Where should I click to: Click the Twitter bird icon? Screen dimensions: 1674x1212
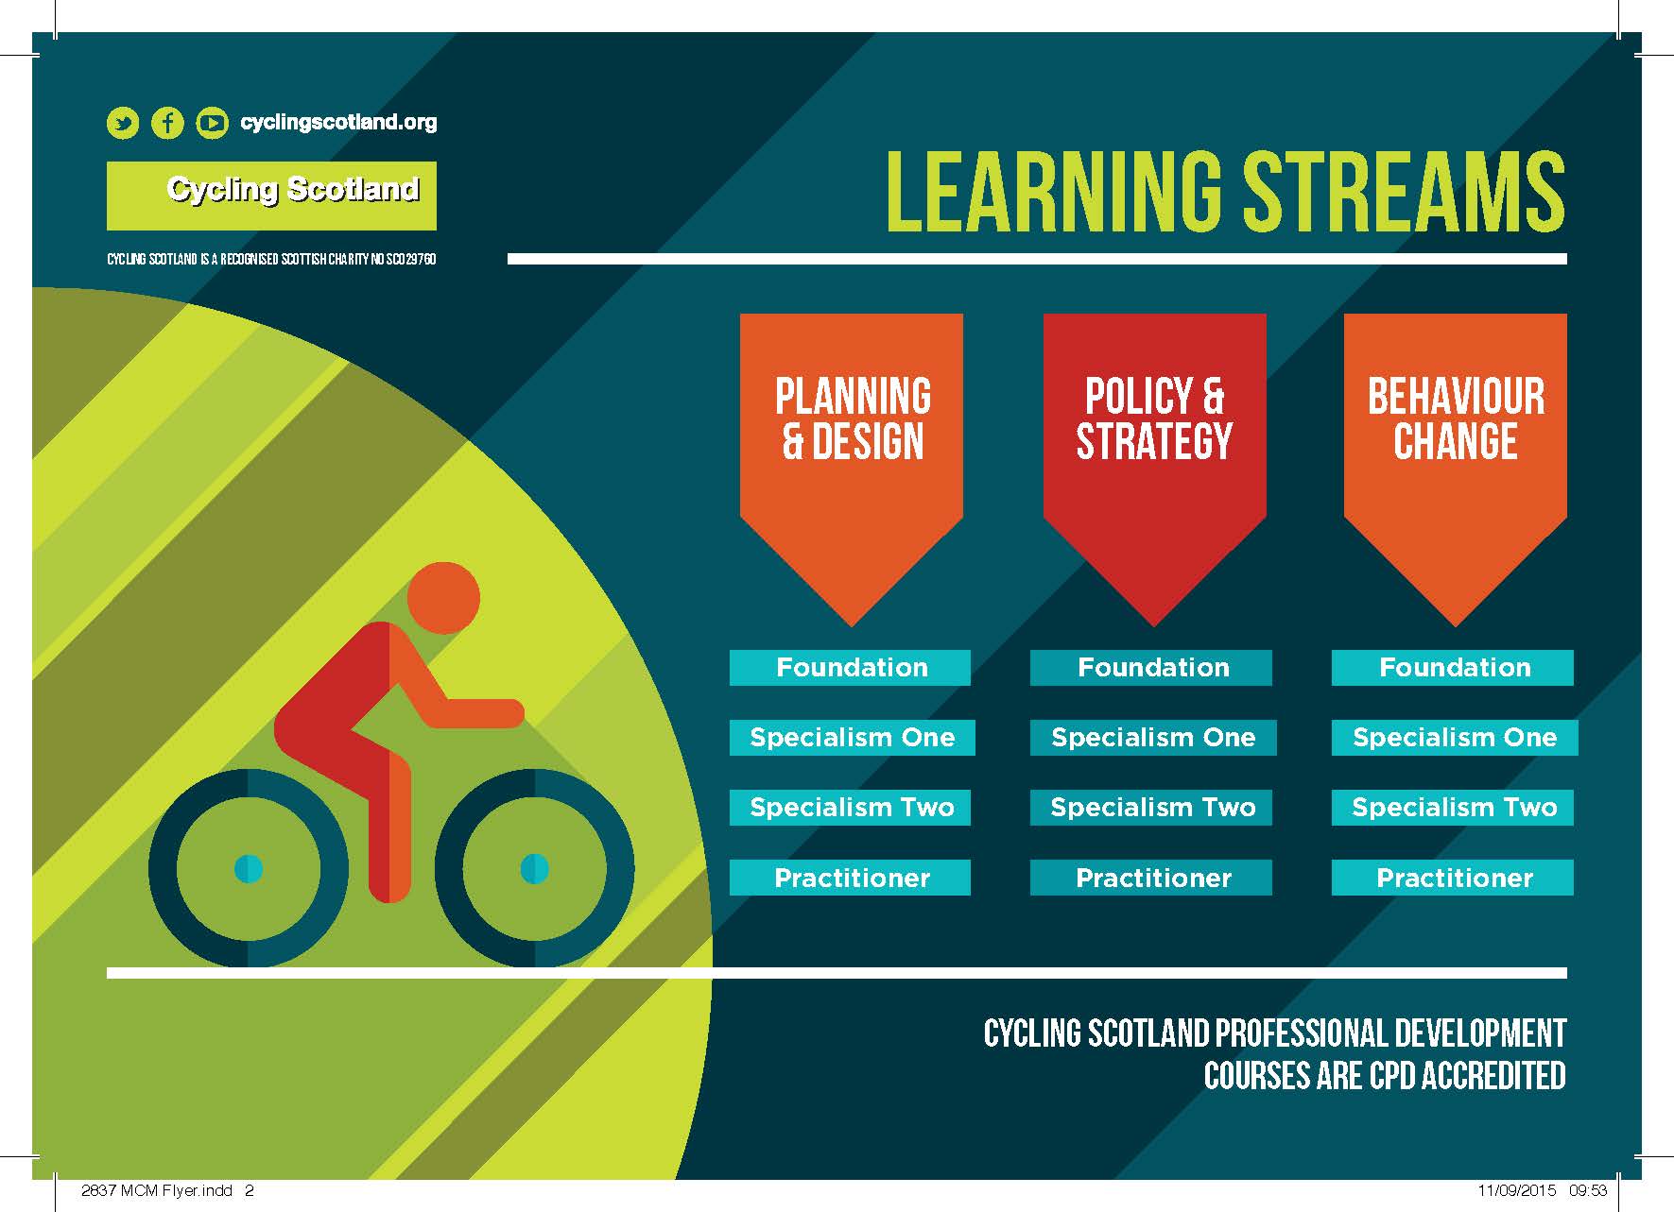123,123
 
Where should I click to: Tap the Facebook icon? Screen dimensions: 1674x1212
167,123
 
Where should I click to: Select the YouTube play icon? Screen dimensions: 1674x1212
212,123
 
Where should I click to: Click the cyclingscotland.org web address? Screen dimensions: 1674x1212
338,122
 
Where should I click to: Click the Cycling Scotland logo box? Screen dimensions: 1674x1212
271,196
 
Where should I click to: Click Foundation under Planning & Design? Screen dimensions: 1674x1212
851,668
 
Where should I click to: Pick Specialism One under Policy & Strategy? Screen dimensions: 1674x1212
1153,738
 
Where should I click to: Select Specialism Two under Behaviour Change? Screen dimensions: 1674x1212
1454,808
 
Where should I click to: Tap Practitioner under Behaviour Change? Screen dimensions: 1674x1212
1453,878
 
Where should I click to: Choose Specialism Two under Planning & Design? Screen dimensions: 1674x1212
851,808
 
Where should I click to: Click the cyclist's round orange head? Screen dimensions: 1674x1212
443,598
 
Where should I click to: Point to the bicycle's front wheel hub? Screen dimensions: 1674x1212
535,868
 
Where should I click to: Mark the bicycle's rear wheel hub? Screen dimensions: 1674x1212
249,868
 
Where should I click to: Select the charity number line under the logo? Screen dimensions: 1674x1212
271,259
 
